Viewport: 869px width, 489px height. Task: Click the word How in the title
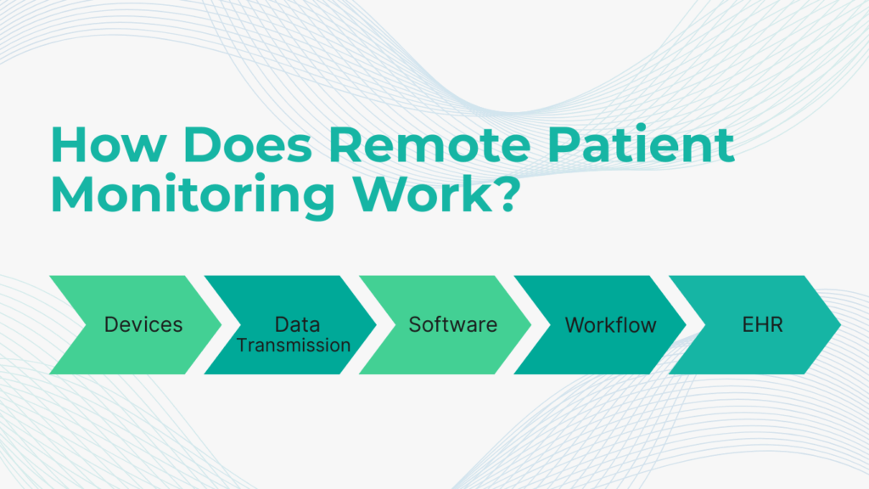[x=109, y=144]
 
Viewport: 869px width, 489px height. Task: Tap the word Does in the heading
[x=247, y=144]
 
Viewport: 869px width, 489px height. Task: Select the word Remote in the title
[x=429, y=144]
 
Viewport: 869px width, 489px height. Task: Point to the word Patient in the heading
[x=641, y=144]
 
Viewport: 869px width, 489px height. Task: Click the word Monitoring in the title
[x=193, y=196]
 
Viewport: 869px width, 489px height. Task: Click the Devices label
[x=143, y=325]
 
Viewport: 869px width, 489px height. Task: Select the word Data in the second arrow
[x=298, y=324]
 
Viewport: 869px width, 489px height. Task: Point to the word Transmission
[x=294, y=345]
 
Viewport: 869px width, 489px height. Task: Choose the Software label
[x=453, y=325]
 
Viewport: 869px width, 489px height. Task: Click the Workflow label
[x=610, y=325]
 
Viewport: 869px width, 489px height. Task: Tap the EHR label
[x=762, y=325]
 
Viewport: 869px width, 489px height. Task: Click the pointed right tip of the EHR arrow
[x=841, y=325]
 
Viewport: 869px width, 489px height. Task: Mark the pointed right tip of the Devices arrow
[x=221, y=325]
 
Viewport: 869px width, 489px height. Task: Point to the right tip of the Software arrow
[x=531, y=325]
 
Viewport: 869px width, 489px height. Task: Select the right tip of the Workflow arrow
[x=686, y=325]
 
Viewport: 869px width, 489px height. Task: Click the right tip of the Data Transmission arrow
[x=376, y=325]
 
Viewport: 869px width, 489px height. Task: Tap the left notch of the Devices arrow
[x=86, y=325]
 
